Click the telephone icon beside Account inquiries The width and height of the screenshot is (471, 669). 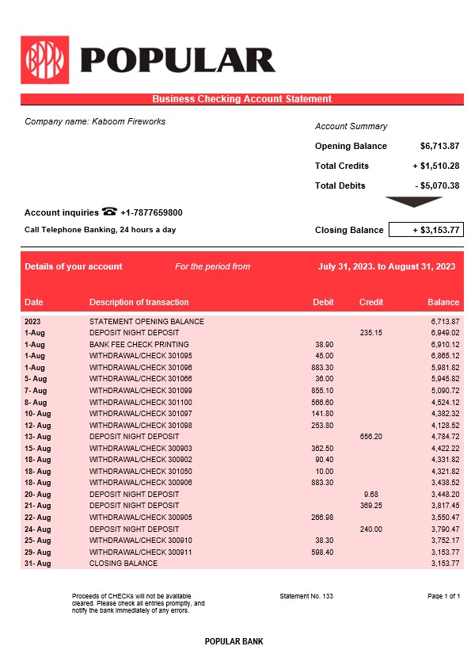(x=109, y=212)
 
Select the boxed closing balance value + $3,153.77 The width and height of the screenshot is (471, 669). (x=426, y=230)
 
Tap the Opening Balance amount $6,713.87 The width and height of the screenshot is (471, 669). (x=439, y=146)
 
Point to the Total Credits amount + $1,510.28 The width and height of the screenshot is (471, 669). (x=435, y=166)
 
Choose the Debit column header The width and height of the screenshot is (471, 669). (x=323, y=302)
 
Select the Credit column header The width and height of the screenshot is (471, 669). (x=371, y=302)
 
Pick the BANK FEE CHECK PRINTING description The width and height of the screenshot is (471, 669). (x=139, y=345)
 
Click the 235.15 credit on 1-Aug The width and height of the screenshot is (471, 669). (x=370, y=333)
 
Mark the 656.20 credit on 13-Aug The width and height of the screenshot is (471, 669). (x=370, y=436)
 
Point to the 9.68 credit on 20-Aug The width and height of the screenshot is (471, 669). (x=371, y=494)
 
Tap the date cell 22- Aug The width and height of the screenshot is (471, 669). (x=37, y=517)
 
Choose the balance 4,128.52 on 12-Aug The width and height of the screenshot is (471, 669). (x=444, y=425)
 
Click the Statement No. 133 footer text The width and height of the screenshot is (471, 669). (x=307, y=595)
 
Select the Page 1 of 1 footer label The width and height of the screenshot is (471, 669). (x=443, y=595)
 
